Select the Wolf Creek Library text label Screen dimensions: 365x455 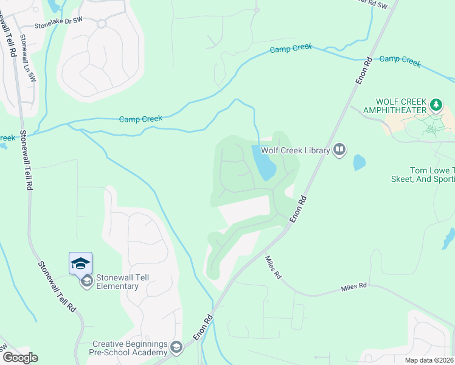coord(296,150)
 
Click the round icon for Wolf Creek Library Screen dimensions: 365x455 coord(339,150)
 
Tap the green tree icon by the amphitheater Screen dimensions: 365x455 coord(436,105)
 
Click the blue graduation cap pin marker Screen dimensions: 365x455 coord(80,263)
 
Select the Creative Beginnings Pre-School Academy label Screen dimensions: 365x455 coord(130,349)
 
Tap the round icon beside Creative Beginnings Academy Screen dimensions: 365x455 coord(176,348)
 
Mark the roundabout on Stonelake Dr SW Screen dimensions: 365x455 coord(102,24)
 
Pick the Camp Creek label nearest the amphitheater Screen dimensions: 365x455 coord(400,61)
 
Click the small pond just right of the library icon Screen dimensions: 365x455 coord(359,162)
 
